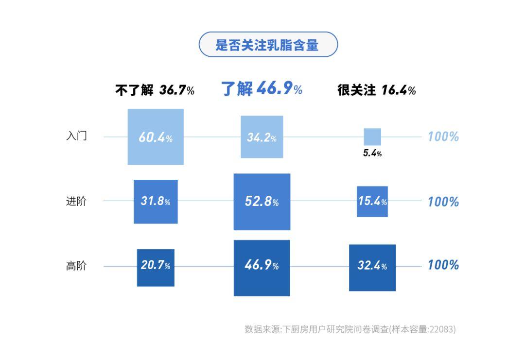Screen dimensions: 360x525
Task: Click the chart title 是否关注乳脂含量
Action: pyautogui.click(x=268, y=45)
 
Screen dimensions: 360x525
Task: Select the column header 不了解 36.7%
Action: pyautogui.click(x=155, y=90)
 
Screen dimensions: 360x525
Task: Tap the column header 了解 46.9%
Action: pyautogui.click(x=262, y=89)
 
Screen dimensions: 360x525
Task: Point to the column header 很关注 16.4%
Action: pyautogui.click(x=376, y=90)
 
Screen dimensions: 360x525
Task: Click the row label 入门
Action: pyautogui.click(x=76, y=136)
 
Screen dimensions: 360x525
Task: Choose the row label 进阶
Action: pyautogui.click(x=76, y=201)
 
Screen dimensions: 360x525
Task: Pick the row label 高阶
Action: pyautogui.click(x=76, y=266)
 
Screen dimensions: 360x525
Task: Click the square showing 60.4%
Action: pyautogui.click(x=156, y=137)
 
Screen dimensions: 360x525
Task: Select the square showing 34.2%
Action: pyautogui.click(x=262, y=137)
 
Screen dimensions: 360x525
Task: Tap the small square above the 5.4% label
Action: pyautogui.click(x=372, y=137)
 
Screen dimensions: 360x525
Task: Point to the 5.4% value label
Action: pyautogui.click(x=372, y=154)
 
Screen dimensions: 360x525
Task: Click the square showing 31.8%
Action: pyautogui.click(x=156, y=202)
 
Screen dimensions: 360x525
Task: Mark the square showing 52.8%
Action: pyautogui.click(x=262, y=202)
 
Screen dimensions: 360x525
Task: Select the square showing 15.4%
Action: pyautogui.click(x=372, y=201)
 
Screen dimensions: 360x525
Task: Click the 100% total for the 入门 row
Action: pyautogui.click(x=443, y=137)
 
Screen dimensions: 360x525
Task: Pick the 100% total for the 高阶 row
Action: pyautogui.click(x=443, y=265)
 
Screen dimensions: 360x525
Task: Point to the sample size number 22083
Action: pyautogui.click(x=442, y=329)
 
